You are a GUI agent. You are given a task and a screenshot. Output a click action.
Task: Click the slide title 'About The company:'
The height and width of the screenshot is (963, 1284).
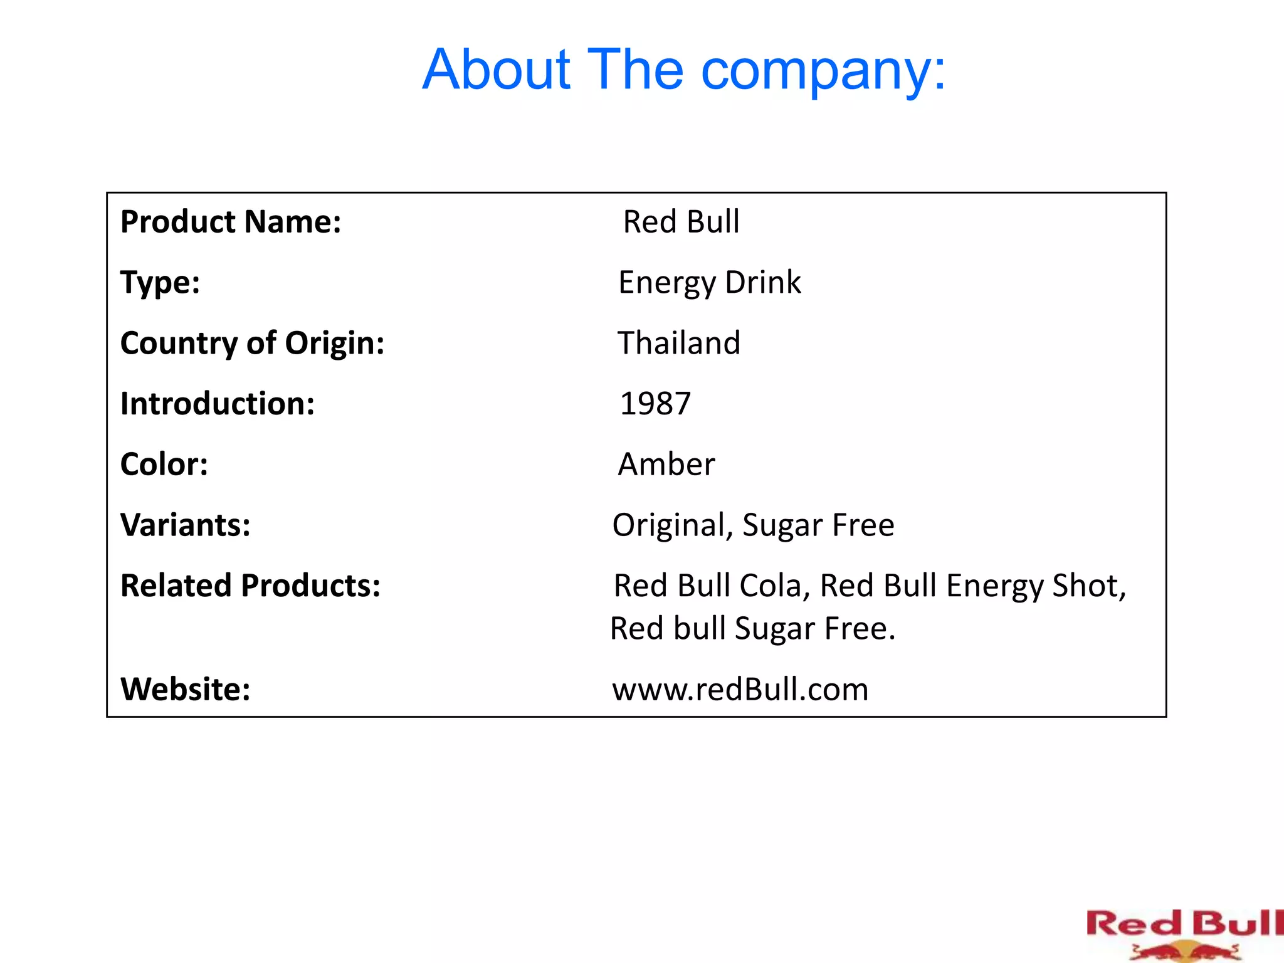click(x=683, y=70)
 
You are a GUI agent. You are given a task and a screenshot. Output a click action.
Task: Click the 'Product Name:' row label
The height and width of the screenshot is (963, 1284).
click(x=231, y=222)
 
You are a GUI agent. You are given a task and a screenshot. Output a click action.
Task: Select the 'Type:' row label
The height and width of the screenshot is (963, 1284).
click(x=160, y=282)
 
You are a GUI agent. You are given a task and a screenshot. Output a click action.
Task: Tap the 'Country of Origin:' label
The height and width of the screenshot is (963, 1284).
click(x=252, y=343)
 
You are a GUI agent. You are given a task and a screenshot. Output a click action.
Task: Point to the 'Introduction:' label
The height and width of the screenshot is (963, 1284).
click(x=217, y=404)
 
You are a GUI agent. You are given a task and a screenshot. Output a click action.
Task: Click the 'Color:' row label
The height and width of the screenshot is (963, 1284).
click(x=164, y=465)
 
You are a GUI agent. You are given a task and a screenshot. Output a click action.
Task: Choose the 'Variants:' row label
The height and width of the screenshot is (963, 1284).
click(x=185, y=525)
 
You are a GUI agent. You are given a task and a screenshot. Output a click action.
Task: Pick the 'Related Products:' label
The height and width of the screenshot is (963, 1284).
click(x=250, y=586)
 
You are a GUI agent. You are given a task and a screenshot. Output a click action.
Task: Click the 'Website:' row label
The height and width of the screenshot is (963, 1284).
click(x=185, y=689)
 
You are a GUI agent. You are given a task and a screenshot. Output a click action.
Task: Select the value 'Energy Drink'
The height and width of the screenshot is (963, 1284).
click(x=709, y=282)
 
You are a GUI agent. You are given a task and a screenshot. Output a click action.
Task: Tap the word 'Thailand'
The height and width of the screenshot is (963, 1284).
click(x=679, y=343)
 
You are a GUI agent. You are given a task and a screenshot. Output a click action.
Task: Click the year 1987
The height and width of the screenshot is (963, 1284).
click(x=655, y=404)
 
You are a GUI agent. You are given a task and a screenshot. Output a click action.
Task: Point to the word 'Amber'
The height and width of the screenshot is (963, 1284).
click(x=666, y=465)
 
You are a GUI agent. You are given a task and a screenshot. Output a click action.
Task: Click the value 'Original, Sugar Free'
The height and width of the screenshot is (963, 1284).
click(x=753, y=525)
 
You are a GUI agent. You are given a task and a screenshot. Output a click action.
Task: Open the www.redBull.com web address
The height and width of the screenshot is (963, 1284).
click(x=740, y=689)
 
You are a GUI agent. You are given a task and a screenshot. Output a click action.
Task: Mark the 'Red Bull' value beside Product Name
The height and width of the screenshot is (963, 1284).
click(x=681, y=222)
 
